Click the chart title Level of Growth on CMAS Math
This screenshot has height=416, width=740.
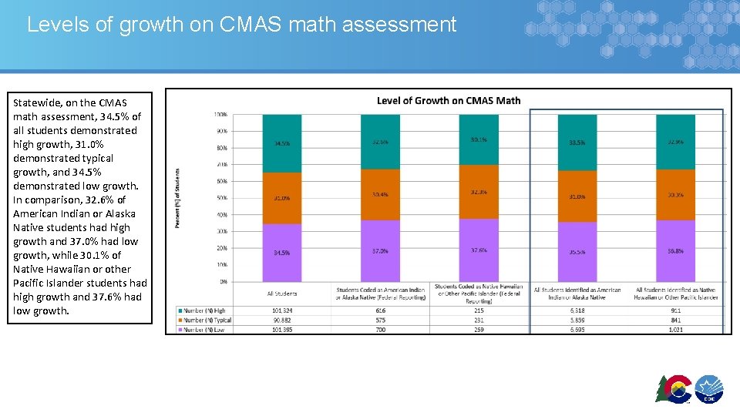click(x=448, y=101)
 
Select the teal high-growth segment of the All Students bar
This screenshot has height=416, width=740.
click(x=281, y=143)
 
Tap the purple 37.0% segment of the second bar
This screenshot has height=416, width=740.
click(x=380, y=250)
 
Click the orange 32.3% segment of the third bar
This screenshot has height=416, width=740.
click(x=478, y=191)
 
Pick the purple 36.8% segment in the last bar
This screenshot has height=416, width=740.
click(x=675, y=250)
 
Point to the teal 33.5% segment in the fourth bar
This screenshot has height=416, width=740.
click(x=577, y=143)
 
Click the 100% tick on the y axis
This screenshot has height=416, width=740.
click(x=220, y=115)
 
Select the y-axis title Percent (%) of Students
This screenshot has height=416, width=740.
click(x=177, y=198)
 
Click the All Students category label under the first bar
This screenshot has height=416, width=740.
click(x=281, y=294)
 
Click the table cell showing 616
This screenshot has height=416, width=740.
click(x=380, y=310)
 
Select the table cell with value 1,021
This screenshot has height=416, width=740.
click(x=675, y=330)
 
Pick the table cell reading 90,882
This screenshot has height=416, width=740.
click(x=281, y=320)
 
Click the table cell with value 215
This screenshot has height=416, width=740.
click(x=478, y=310)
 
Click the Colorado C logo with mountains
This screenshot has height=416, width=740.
click(x=674, y=388)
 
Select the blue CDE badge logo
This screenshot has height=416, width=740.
click(x=708, y=389)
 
